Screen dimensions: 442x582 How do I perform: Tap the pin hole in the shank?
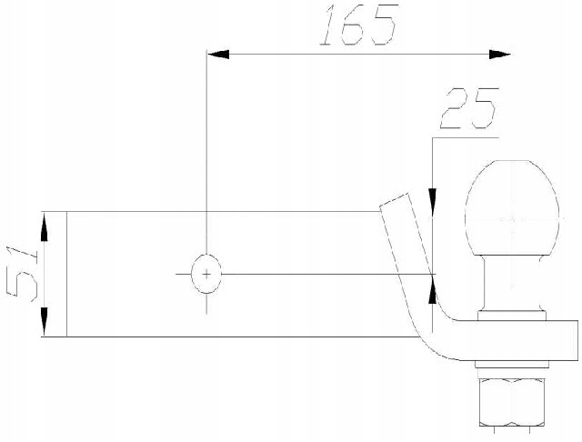click(x=206, y=273)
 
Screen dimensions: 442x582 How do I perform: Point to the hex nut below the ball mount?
click(x=514, y=406)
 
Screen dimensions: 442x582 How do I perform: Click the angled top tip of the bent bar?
click(x=393, y=202)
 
